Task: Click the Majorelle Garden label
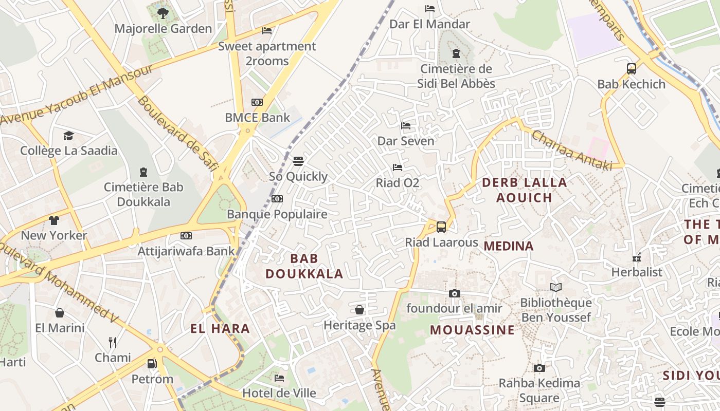[163, 29]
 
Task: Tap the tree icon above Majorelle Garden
[163, 13]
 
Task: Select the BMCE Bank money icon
[257, 102]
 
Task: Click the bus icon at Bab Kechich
[631, 68]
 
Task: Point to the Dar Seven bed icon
[406, 125]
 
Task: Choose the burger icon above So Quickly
[298, 161]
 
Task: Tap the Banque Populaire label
[277, 214]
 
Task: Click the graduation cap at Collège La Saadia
[68, 136]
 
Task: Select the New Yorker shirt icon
[54, 220]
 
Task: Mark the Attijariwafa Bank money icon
[186, 236]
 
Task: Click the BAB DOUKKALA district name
[304, 266]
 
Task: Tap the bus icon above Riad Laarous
[441, 227]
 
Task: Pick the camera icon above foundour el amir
[454, 293]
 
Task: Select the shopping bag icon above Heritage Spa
[359, 310]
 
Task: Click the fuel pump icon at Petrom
[152, 364]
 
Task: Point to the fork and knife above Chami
[113, 342]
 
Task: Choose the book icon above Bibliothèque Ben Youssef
[556, 287]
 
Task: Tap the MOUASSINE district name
[472, 330]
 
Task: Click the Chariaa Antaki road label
[571, 150]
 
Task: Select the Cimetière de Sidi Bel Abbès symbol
[456, 53]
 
